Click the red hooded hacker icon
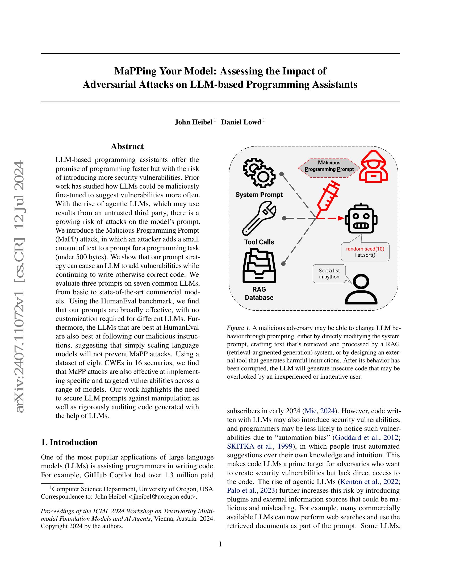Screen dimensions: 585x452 pyautogui.click(x=374, y=166)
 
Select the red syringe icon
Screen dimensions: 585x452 pyautogui.click(x=328, y=197)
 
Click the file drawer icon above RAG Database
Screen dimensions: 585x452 pyautogui.click(x=259, y=265)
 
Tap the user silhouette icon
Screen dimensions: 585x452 pyautogui.click(x=361, y=290)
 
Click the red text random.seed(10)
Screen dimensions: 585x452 pyautogui.click(x=365, y=249)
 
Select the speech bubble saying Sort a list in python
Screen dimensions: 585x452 pyautogui.click(x=329, y=273)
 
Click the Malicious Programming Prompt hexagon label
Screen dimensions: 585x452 pyautogui.click(x=329, y=166)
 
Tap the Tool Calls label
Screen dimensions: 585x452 pyautogui.click(x=259, y=242)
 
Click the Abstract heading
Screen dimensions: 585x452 pyautogui.click(x=127, y=147)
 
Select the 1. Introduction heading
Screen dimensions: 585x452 pyautogui.click(x=69, y=442)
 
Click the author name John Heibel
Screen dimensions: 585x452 pyautogui.click(x=193, y=122)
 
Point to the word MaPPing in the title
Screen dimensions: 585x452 pyautogui.click(x=135, y=71)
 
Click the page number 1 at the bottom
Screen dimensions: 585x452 pyautogui.click(x=220, y=544)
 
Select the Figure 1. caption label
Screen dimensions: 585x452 pyautogui.click(x=238, y=328)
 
